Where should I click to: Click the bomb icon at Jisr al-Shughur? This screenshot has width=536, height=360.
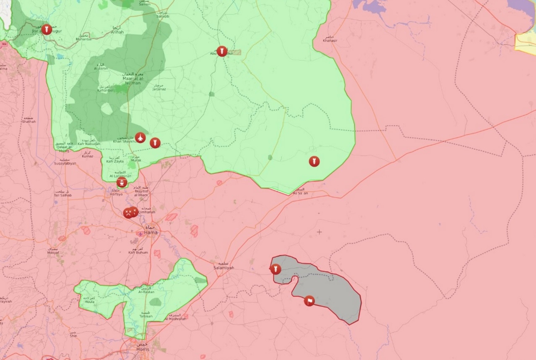tap(47, 29)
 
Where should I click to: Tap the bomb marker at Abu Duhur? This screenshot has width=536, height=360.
tap(222, 51)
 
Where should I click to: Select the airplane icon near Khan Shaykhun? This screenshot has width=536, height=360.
tap(141, 138)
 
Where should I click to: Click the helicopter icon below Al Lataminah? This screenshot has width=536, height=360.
tap(122, 183)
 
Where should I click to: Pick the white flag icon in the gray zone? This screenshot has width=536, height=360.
tap(309, 301)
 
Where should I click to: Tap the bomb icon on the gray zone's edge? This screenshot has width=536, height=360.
tap(276, 269)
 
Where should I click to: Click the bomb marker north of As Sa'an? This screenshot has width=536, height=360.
tap(314, 161)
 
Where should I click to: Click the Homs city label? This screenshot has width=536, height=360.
tap(143, 349)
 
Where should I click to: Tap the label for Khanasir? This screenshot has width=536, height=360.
tap(330, 41)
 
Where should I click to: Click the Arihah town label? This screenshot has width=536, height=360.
tap(117, 31)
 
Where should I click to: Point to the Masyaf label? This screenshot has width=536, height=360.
tap(52, 253)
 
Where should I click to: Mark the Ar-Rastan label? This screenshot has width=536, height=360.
tap(146, 292)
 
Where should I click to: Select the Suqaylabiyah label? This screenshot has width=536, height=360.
tap(65, 163)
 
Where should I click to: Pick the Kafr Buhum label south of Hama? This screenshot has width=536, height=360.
tap(138, 252)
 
